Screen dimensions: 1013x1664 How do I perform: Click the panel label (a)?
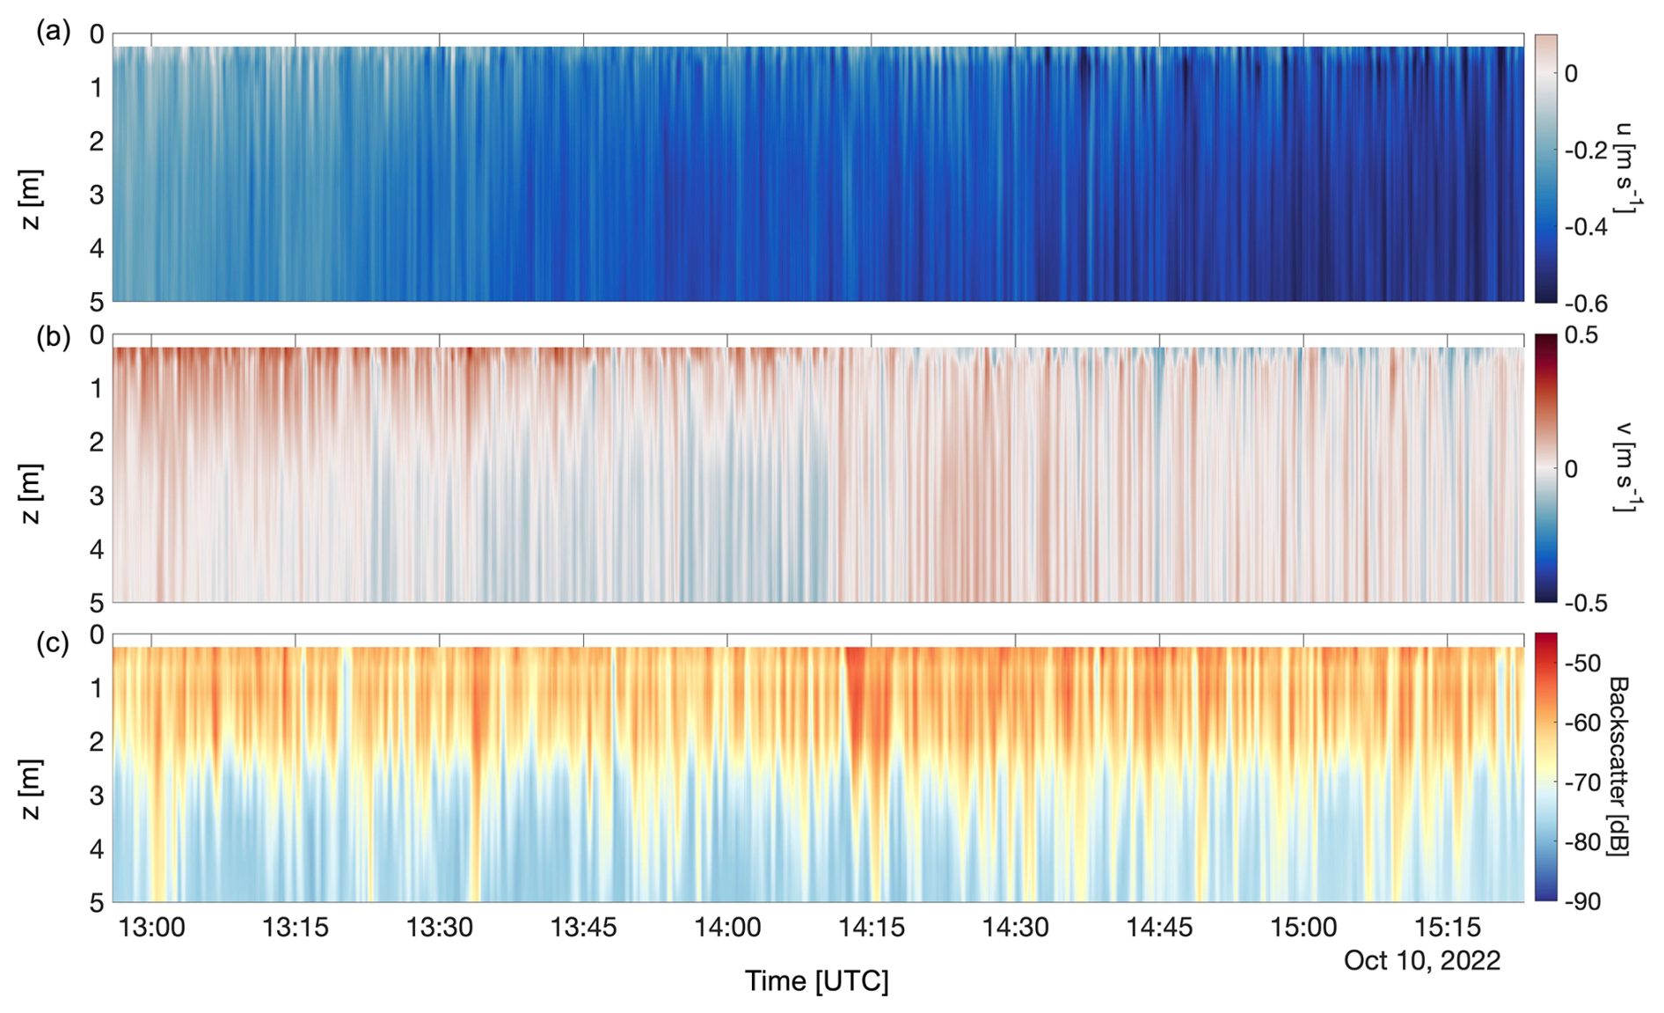[x=53, y=33]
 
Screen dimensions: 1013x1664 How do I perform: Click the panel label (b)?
[x=53, y=337]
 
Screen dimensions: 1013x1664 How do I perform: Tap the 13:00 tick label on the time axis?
[x=151, y=927]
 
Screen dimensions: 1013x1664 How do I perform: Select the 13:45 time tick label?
[x=583, y=927]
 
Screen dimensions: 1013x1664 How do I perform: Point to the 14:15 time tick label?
[x=872, y=927]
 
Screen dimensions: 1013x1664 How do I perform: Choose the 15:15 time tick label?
[x=1447, y=927]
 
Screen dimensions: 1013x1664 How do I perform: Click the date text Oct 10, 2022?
[x=1421, y=960]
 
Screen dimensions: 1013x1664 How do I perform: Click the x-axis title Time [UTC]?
[x=817, y=980]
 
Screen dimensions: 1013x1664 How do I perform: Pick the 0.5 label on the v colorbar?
[x=1580, y=335]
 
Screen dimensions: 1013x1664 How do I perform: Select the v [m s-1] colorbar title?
[x=1625, y=466]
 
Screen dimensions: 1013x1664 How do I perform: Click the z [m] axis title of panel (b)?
[x=31, y=494]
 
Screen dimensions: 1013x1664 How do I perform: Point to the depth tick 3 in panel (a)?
[x=97, y=195]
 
